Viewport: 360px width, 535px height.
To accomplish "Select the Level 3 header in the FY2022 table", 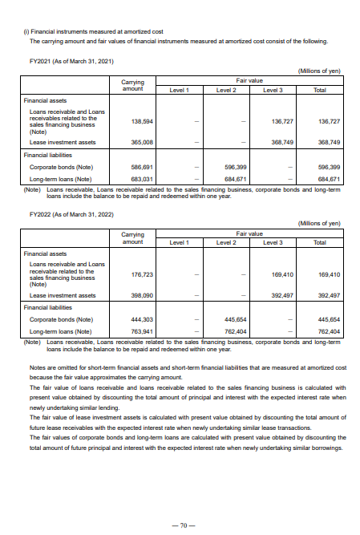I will (273, 241).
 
